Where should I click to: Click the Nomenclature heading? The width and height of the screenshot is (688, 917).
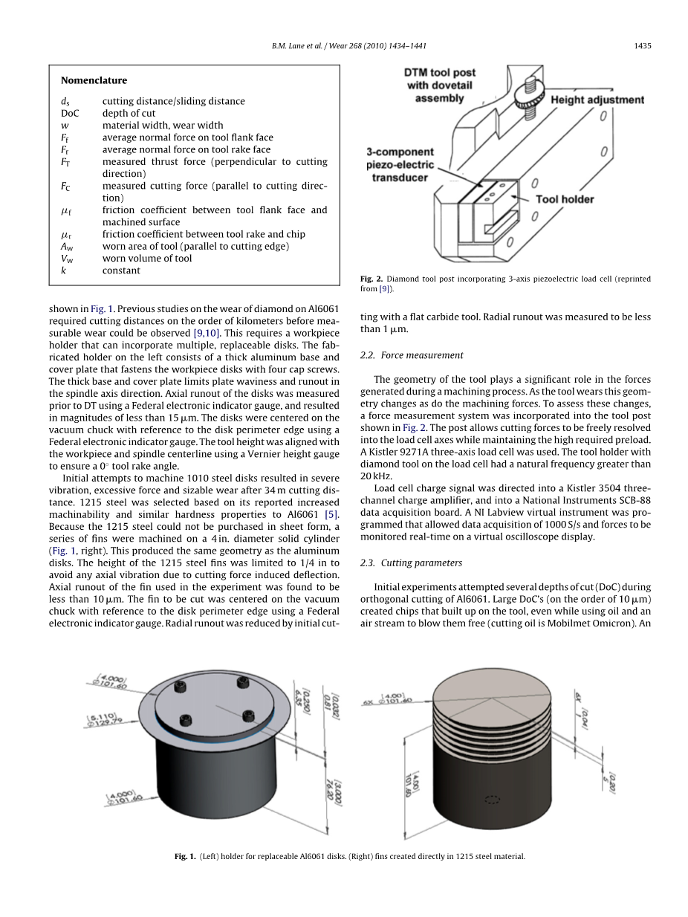click(94, 80)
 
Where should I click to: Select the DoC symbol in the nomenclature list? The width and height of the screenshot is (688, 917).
click(70, 113)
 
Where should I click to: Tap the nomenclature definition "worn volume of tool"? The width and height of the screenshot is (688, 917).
click(147, 259)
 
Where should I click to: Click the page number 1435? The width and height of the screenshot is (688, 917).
click(643, 46)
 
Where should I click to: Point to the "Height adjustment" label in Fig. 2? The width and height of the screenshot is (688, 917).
click(597, 100)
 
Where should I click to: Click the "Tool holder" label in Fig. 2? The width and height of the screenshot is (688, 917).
click(565, 199)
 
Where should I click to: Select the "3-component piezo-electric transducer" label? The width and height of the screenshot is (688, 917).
click(400, 164)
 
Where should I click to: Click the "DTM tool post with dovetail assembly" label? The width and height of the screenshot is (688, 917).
click(440, 85)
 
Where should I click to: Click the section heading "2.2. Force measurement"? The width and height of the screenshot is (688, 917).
click(412, 355)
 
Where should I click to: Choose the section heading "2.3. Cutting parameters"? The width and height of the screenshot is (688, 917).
click(411, 563)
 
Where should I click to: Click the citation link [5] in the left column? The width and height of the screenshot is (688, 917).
click(332, 514)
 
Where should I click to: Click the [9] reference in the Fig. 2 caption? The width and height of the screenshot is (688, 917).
click(384, 288)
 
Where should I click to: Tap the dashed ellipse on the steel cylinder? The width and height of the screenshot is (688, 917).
click(492, 800)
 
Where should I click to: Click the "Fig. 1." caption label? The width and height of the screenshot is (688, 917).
click(185, 856)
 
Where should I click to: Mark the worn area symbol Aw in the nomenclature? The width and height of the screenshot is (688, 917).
click(67, 246)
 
